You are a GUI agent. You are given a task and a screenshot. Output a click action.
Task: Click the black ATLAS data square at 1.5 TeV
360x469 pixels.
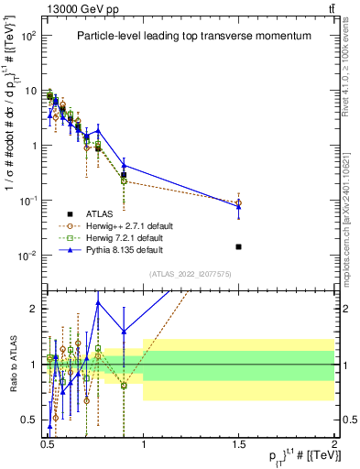(238, 246)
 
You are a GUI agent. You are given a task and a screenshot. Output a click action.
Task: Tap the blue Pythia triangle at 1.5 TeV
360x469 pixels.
(238, 206)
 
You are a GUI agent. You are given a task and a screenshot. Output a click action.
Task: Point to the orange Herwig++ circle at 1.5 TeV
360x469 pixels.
(238, 202)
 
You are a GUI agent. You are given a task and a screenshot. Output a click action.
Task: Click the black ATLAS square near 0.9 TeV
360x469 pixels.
(124, 174)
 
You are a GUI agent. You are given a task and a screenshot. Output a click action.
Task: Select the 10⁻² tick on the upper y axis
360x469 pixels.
(30, 256)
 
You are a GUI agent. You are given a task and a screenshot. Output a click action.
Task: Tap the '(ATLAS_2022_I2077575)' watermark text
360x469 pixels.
(190, 273)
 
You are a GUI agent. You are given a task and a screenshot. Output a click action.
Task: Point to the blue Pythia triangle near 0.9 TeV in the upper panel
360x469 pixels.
(124, 166)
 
